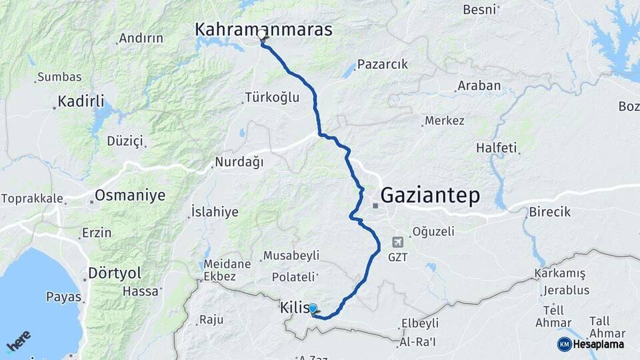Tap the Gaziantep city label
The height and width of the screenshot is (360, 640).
430,195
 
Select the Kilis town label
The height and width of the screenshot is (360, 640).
294,309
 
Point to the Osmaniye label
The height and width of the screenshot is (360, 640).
130,195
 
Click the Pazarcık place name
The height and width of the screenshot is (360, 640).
382,65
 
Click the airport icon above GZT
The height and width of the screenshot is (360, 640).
398,242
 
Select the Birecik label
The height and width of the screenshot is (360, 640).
550,212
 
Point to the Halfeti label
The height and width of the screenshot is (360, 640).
497,148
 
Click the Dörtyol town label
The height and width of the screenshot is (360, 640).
115,273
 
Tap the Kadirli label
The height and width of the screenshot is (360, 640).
81,101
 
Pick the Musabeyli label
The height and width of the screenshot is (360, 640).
291,255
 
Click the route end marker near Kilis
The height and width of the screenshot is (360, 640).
312,309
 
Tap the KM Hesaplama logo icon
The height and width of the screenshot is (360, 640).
564,344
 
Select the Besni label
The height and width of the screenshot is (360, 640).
479,9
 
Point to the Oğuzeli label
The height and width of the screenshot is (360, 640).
433,232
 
